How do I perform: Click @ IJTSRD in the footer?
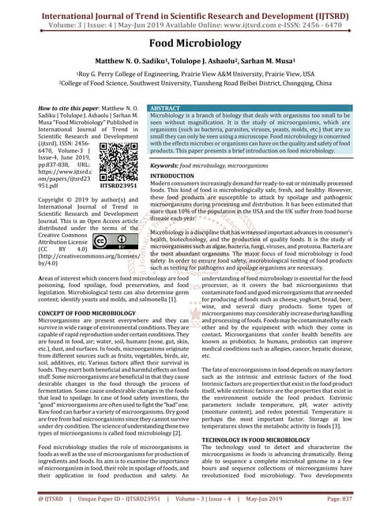(x=24, y=499)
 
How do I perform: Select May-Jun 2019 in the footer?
(x=304, y=499)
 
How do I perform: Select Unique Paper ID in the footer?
(x=96, y=499)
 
